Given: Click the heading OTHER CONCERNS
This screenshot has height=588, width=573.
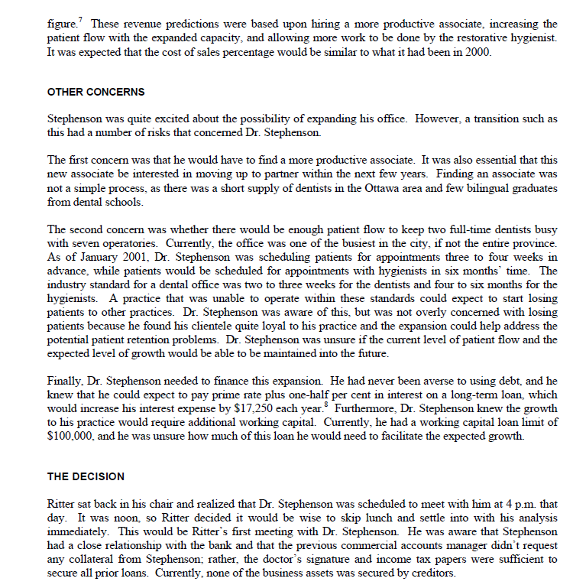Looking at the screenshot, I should point(95,92).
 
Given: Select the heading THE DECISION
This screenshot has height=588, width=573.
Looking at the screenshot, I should point(86,476).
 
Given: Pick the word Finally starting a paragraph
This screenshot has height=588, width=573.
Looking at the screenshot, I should point(66,379).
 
